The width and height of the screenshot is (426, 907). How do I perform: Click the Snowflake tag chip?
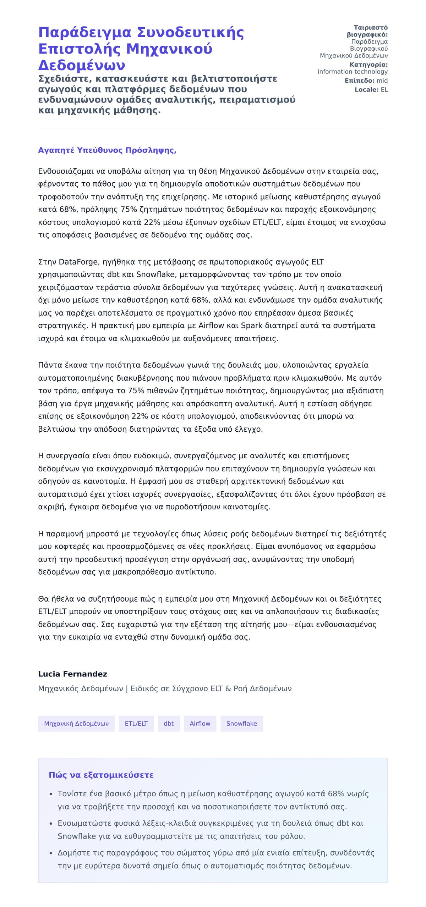(x=241, y=723)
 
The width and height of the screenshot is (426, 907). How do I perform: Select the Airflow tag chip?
(x=200, y=723)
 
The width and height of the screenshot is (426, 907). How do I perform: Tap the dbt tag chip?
(x=169, y=723)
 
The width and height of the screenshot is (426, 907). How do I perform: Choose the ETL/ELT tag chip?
(x=136, y=723)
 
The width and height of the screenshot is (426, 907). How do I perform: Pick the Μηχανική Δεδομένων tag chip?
(x=76, y=723)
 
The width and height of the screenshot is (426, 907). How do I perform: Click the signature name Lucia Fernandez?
(x=72, y=674)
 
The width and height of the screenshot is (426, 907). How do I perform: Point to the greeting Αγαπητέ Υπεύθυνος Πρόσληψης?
(x=107, y=150)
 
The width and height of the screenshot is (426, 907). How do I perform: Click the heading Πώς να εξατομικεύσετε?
(x=101, y=775)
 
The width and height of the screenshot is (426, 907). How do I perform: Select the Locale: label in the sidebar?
(x=366, y=90)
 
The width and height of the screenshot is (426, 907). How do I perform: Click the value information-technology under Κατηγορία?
(x=353, y=72)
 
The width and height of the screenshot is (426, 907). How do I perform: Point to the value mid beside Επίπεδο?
(x=382, y=81)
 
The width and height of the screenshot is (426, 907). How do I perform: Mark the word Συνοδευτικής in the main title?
(x=190, y=33)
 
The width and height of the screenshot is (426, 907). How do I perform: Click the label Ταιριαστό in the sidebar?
(x=371, y=28)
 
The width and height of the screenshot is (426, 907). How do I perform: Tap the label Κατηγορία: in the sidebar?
(x=368, y=65)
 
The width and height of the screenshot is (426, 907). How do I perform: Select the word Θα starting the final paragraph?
(x=43, y=599)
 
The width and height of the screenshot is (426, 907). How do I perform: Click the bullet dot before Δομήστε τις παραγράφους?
(x=51, y=853)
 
